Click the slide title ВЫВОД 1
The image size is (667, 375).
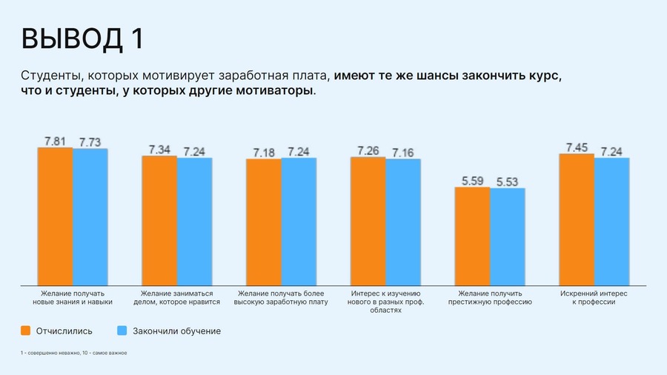click(82, 39)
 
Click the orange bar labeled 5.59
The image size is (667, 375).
click(472, 236)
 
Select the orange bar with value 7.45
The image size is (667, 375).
click(577, 219)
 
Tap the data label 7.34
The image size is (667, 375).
click(159, 149)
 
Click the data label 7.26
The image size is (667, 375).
click(368, 150)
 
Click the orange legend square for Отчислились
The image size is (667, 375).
click(26, 331)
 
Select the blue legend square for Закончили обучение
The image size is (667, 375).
click(123, 331)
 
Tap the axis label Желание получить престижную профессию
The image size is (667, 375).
click(490, 298)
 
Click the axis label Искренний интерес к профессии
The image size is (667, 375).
click(594, 298)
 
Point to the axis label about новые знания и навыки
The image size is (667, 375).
click(72, 298)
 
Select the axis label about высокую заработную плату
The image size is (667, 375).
click(281, 298)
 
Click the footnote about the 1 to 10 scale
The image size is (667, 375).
click(74, 353)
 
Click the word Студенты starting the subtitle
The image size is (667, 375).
click(48, 76)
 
